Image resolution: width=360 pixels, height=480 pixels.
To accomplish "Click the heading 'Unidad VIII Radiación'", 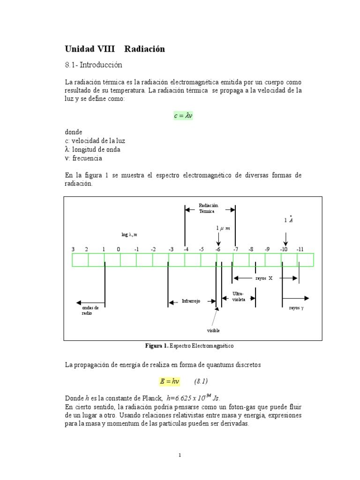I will tap(115, 49).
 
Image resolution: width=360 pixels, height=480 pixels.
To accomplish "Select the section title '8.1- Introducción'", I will tap(93, 65).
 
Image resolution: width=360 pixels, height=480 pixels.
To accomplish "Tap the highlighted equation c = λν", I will tap(183, 116).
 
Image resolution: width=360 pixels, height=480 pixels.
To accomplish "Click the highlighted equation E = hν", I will tap(170, 381).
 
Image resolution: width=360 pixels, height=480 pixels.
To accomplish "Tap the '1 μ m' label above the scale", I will tap(223, 228).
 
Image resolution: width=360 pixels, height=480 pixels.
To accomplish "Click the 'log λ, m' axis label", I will tap(129, 234).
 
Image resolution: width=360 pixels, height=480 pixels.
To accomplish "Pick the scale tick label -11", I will tap(300, 249).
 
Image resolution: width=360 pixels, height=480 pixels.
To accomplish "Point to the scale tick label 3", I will tap(73, 249).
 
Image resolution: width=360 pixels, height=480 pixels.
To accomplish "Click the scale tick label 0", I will tap(118, 249).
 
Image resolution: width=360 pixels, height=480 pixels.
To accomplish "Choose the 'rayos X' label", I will tap(264, 278).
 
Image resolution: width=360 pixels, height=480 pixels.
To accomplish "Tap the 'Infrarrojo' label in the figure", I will tap(191, 301).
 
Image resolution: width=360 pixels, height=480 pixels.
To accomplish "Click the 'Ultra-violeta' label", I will tap(239, 296).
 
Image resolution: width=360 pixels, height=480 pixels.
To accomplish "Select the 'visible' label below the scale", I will tap(213, 330).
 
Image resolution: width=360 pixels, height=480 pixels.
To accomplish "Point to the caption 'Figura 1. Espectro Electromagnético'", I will tap(190, 346).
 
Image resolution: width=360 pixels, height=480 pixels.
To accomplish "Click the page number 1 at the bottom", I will tap(180, 455).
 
